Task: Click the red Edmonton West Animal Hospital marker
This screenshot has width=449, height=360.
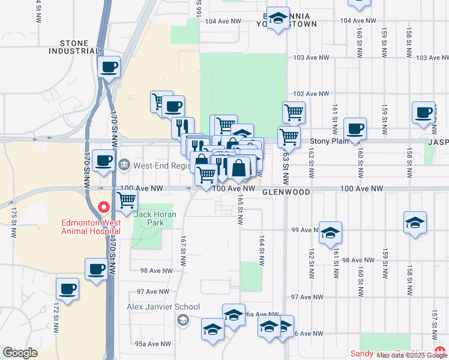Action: click(103, 208)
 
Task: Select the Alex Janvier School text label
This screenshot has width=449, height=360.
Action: click(163, 307)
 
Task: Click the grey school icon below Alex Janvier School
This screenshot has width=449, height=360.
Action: click(181, 319)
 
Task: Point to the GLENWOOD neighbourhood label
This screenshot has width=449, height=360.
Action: click(286, 192)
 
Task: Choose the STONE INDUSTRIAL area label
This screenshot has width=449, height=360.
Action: click(74, 47)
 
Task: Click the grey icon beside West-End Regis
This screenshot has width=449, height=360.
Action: click(124, 164)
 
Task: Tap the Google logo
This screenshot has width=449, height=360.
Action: click(20, 353)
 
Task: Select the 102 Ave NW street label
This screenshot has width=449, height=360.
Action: click(311, 94)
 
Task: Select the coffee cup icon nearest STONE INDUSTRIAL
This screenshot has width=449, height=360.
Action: click(109, 68)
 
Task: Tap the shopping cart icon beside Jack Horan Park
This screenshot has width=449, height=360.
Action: click(126, 201)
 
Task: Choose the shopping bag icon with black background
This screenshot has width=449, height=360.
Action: click(238, 168)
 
